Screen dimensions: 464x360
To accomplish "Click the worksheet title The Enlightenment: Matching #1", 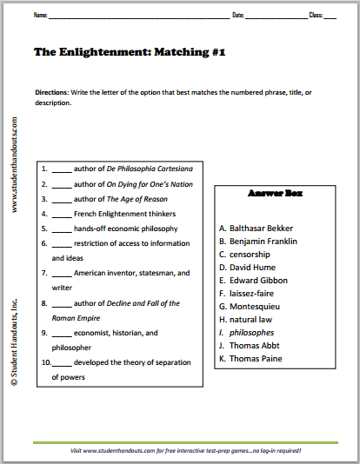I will pos(130,52).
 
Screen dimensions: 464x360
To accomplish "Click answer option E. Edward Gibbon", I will pos(257,281).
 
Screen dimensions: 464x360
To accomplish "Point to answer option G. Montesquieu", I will pos(254,307).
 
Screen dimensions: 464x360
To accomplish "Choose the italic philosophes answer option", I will pos(250,333).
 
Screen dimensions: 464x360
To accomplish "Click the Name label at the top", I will pos(40,16).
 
